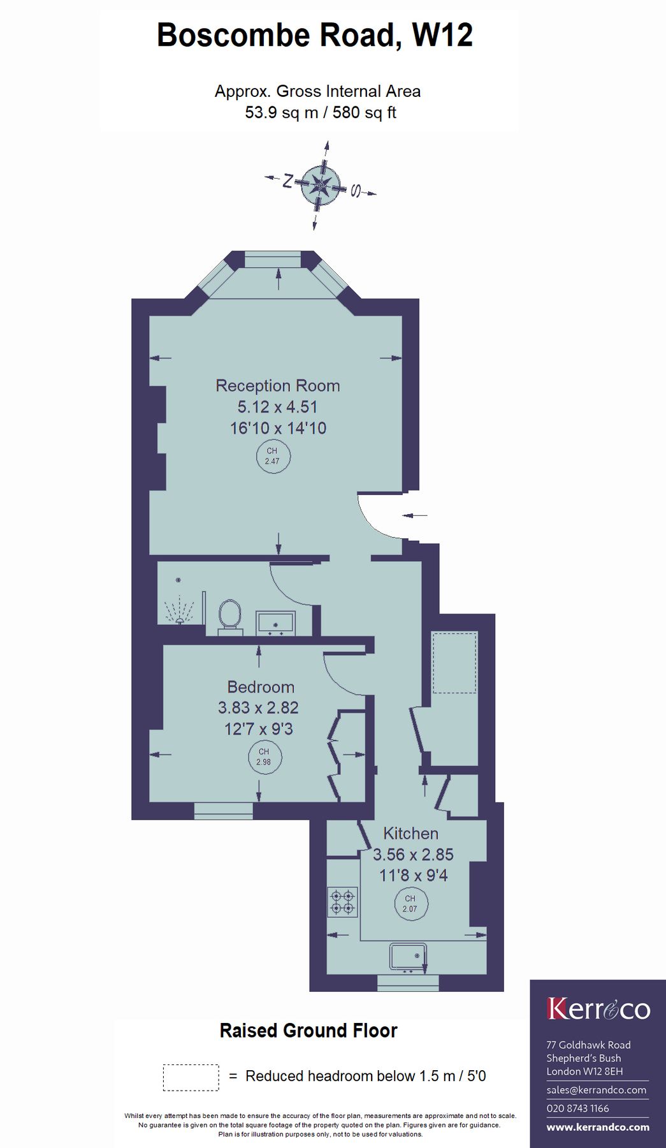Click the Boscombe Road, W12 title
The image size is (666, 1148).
click(315, 35)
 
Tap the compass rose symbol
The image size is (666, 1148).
click(320, 186)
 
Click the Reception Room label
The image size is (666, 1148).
click(277, 386)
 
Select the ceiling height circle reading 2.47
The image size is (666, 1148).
click(272, 456)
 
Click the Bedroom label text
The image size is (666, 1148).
click(261, 687)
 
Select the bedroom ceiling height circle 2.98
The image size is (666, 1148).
click(264, 757)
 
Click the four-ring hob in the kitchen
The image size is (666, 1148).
click(343, 902)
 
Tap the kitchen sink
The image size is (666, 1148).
click(408, 957)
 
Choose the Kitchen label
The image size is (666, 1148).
click(410, 834)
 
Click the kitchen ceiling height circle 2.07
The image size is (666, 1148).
click(410, 904)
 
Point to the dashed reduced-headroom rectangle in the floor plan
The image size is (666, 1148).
click(454, 663)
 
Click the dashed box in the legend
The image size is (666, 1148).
click(191, 1077)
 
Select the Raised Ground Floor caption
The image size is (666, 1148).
click(308, 1031)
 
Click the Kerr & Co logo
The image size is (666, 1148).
click(598, 1009)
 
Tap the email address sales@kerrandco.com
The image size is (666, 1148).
click(596, 1090)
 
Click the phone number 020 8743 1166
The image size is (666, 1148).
click(577, 1108)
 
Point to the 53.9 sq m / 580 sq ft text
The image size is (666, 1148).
click(321, 113)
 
